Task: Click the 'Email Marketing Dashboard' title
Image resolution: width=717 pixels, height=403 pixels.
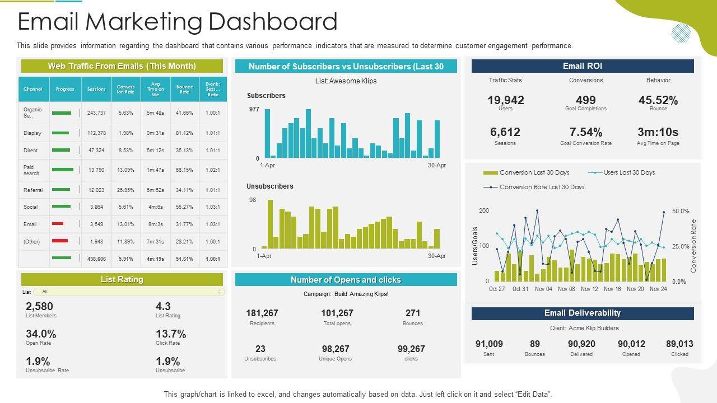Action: [x=178, y=22]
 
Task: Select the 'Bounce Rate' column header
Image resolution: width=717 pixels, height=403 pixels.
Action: [x=184, y=89]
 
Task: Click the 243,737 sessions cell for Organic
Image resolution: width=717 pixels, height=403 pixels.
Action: [x=96, y=113]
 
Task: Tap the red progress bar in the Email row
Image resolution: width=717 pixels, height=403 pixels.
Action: [x=58, y=224]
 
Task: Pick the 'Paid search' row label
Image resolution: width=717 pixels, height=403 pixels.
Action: [x=32, y=170]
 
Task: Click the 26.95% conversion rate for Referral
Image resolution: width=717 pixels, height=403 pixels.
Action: [x=125, y=190]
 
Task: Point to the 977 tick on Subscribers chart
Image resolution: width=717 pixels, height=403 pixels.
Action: [x=254, y=110]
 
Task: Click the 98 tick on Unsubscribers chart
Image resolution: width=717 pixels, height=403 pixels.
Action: [x=253, y=200]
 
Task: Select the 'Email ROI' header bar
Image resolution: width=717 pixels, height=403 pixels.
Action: [x=583, y=66]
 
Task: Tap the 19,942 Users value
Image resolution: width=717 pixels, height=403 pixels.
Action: [x=505, y=100]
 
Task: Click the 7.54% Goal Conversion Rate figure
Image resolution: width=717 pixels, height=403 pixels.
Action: [x=585, y=132]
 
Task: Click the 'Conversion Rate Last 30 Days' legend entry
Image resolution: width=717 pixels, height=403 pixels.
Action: [x=541, y=187]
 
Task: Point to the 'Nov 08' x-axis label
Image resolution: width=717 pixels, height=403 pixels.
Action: [x=566, y=289]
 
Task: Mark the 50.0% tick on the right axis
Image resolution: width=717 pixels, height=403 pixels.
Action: [x=681, y=212]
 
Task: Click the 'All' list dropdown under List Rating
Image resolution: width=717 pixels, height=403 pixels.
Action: [x=129, y=292]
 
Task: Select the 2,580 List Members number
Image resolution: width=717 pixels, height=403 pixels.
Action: [x=39, y=306]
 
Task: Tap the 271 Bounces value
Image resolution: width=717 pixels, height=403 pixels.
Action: [x=412, y=313]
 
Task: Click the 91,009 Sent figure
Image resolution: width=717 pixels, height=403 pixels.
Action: [x=489, y=344]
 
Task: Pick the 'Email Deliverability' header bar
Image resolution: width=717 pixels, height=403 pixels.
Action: [x=583, y=313]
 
